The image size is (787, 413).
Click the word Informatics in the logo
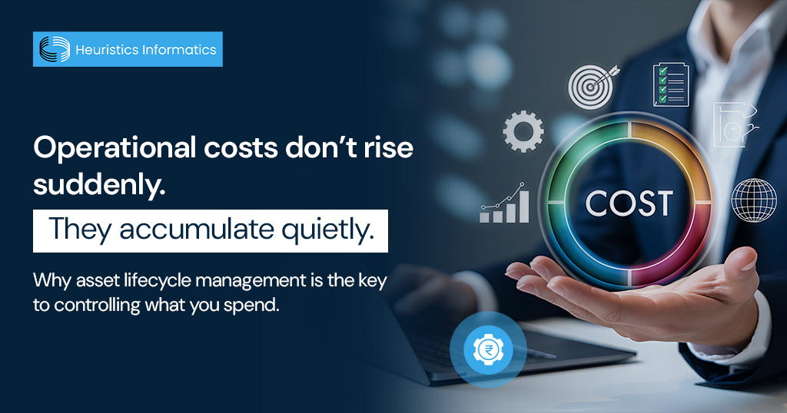point(181,50)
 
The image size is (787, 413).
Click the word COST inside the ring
point(629,203)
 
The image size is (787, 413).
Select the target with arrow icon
point(590,87)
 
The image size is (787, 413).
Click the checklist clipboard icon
point(670,84)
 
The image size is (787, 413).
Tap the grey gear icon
point(523,131)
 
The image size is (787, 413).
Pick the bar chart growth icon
point(505,204)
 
